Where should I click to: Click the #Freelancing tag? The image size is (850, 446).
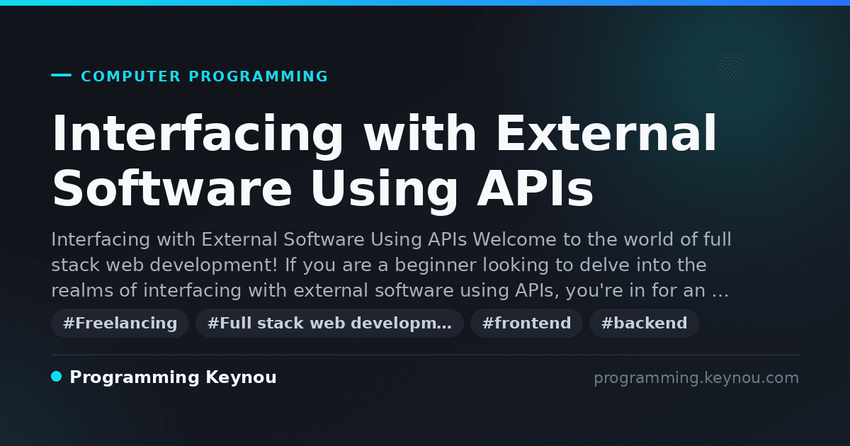click(120, 323)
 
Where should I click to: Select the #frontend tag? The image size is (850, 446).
click(526, 323)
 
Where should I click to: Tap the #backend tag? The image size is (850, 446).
click(644, 323)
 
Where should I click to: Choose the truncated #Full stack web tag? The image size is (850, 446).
click(329, 323)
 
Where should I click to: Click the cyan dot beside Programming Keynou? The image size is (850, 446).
click(57, 377)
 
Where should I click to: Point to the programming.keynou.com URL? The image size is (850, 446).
click(696, 378)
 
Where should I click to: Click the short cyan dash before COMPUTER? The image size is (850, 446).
click(61, 75)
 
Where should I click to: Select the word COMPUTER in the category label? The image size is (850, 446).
click(130, 76)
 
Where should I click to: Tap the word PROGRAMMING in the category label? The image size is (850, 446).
click(259, 76)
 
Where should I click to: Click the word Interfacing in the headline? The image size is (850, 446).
click(198, 135)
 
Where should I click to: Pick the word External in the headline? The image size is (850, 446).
click(606, 133)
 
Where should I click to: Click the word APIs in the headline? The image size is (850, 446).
click(535, 188)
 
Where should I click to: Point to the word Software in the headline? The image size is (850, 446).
click(172, 188)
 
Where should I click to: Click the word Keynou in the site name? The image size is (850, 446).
click(241, 378)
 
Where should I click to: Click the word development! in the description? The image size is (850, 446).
click(214, 265)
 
